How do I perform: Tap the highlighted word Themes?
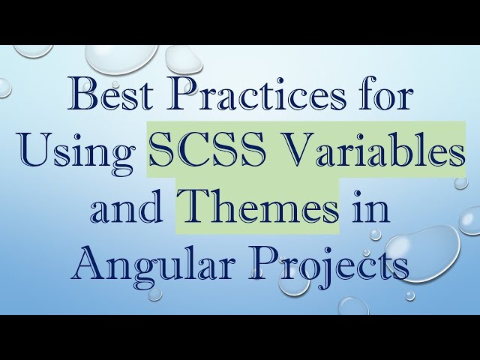click(258, 205)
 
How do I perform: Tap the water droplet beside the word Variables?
click(460, 182)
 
